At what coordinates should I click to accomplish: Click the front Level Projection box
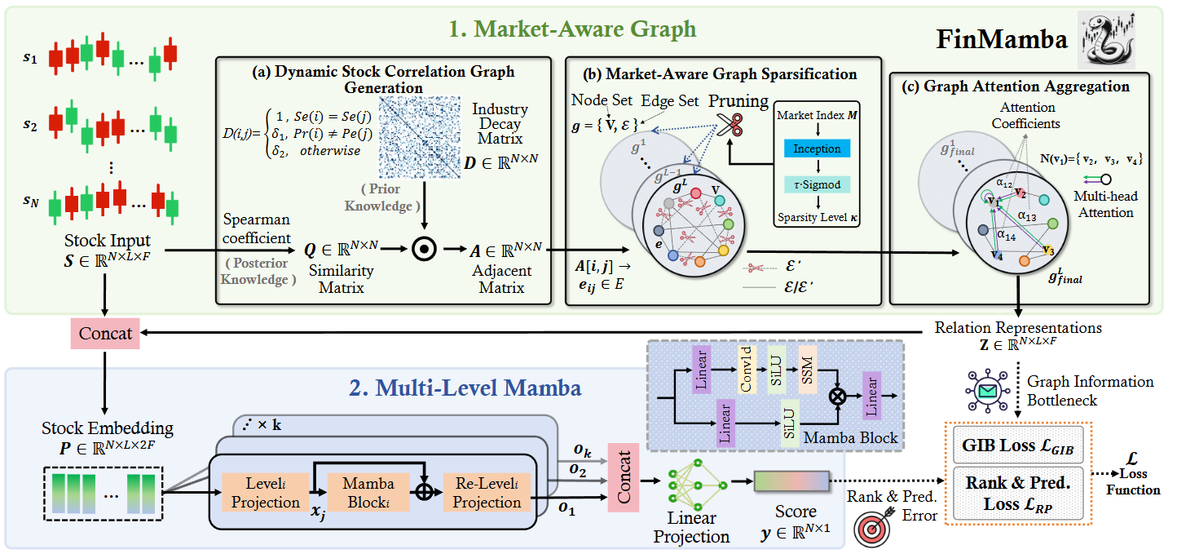(x=266, y=492)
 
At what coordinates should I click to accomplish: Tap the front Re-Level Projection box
(x=487, y=492)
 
